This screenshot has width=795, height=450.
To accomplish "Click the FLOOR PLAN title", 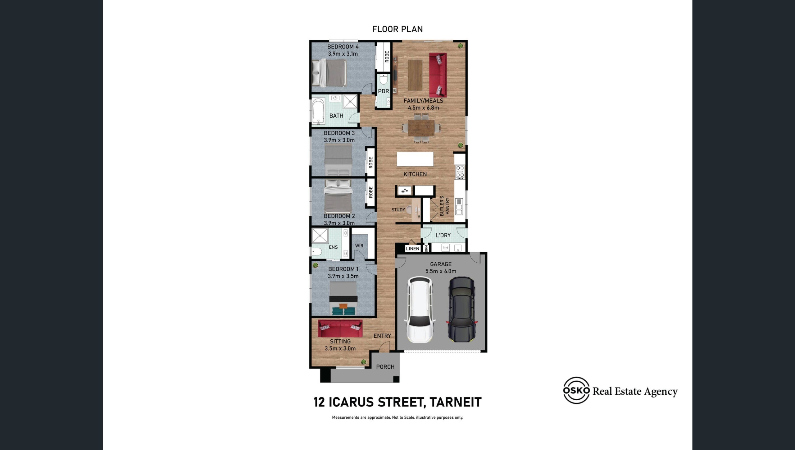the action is click(x=397, y=29).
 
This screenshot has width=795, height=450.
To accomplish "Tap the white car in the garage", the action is click(x=420, y=310).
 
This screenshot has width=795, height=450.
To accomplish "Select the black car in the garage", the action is click(x=462, y=310).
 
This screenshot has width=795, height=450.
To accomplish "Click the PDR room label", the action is click(x=383, y=91).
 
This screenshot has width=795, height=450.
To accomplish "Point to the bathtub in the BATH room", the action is click(x=318, y=111).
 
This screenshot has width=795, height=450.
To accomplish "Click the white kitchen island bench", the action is click(x=415, y=159).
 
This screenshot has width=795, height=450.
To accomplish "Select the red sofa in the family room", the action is click(x=438, y=75).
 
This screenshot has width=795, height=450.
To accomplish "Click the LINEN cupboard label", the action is click(x=412, y=249).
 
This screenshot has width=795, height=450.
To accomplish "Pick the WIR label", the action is click(x=359, y=246).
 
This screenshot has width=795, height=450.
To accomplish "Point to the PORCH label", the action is click(x=385, y=367).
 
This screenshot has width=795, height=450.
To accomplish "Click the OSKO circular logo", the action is click(x=576, y=390).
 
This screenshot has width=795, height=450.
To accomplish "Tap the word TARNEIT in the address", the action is click(x=456, y=402).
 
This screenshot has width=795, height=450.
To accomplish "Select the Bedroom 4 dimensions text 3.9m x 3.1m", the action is click(x=343, y=54).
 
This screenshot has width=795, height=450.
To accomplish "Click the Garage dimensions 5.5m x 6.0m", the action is click(x=441, y=271).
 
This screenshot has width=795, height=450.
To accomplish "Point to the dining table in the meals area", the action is click(x=421, y=128).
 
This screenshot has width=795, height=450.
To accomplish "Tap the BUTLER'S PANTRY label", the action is click(x=444, y=206).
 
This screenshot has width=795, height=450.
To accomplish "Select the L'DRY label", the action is click(x=443, y=235).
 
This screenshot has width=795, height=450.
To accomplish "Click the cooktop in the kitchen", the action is click(x=460, y=172).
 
